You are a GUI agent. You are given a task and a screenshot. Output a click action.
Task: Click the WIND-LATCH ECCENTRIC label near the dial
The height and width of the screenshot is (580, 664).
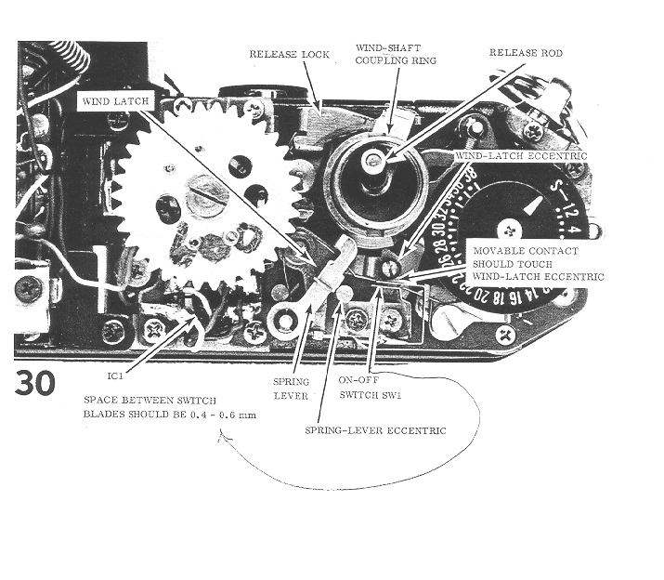pyautogui.click(x=521, y=157)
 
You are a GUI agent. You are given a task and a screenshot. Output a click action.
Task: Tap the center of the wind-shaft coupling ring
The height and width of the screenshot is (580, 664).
pyautogui.click(x=376, y=165)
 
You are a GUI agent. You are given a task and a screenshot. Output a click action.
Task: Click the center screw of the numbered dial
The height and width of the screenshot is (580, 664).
pyautogui.click(x=509, y=229)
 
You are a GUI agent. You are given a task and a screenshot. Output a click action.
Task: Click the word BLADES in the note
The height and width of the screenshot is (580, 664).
pyautogui.click(x=104, y=415)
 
